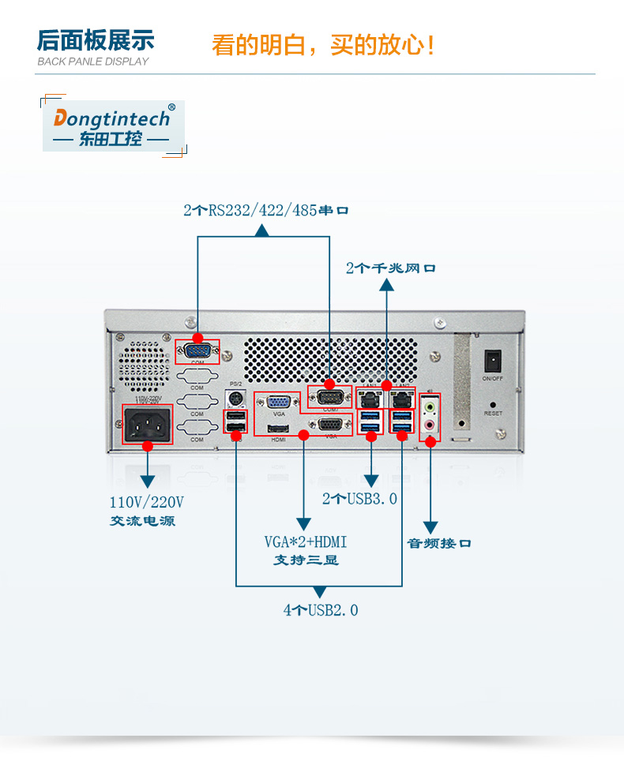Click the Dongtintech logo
pyautogui.click(x=111, y=126)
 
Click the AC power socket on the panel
pyautogui.click(x=148, y=425)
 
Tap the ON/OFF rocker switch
pyautogui.click(x=494, y=361)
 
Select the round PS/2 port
pyautogui.click(x=235, y=398)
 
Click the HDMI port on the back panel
pyautogui.click(x=278, y=430)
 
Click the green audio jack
pyautogui.click(x=430, y=408)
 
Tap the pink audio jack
pyautogui.click(x=430, y=425)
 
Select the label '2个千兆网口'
pyautogui.click(x=390, y=268)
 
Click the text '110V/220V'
pyautogui.click(x=146, y=502)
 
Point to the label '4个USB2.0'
pyautogui.click(x=321, y=610)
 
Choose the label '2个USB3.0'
pyautogui.click(x=359, y=499)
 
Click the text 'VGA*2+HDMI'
pyautogui.click(x=306, y=542)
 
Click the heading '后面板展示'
pyautogui.click(x=96, y=40)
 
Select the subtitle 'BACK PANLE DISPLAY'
pyautogui.click(x=93, y=62)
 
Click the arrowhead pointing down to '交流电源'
pyautogui.click(x=148, y=482)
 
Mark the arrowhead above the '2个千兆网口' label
pyautogui.click(x=387, y=285)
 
